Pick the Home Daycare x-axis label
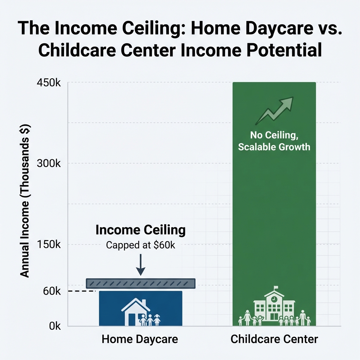point(140,339)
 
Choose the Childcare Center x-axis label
point(274,339)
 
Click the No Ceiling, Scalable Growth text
point(274,141)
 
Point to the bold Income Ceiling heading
point(140,230)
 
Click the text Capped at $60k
point(140,245)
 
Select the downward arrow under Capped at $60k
point(140,265)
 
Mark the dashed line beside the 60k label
point(82,291)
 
